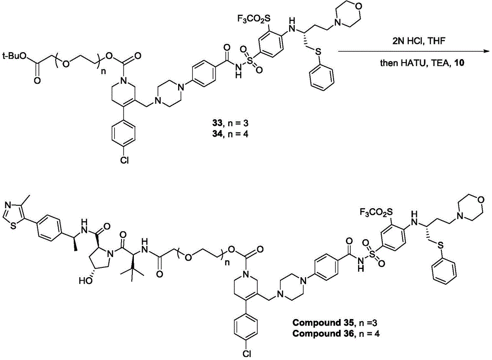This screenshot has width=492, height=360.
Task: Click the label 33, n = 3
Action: (x=230, y=123)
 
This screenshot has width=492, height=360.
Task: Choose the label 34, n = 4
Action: (x=230, y=135)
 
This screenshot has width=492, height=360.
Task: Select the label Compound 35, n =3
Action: (x=336, y=322)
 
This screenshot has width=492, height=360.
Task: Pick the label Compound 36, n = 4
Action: (x=336, y=333)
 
